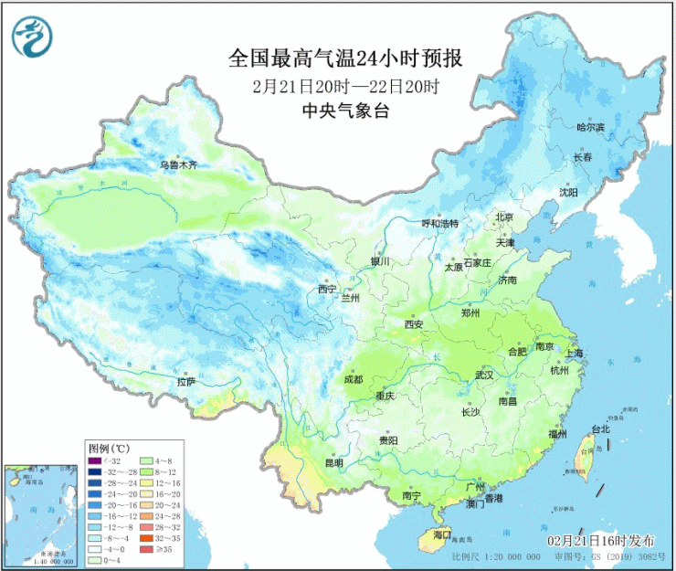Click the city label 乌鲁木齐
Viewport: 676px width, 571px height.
[x=178, y=165]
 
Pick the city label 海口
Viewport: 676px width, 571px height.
[x=443, y=534]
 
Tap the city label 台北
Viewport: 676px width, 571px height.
[x=600, y=428]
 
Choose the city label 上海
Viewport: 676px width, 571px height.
[x=575, y=354]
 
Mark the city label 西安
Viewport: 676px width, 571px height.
[x=414, y=324]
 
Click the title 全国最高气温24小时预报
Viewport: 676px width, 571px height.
[x=345, y=59]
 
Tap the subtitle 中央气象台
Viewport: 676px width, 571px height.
[x=345, y=111]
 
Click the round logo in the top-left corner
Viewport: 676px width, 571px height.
[x=32, y=36]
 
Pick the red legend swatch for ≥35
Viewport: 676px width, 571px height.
[x=145, y=550]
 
